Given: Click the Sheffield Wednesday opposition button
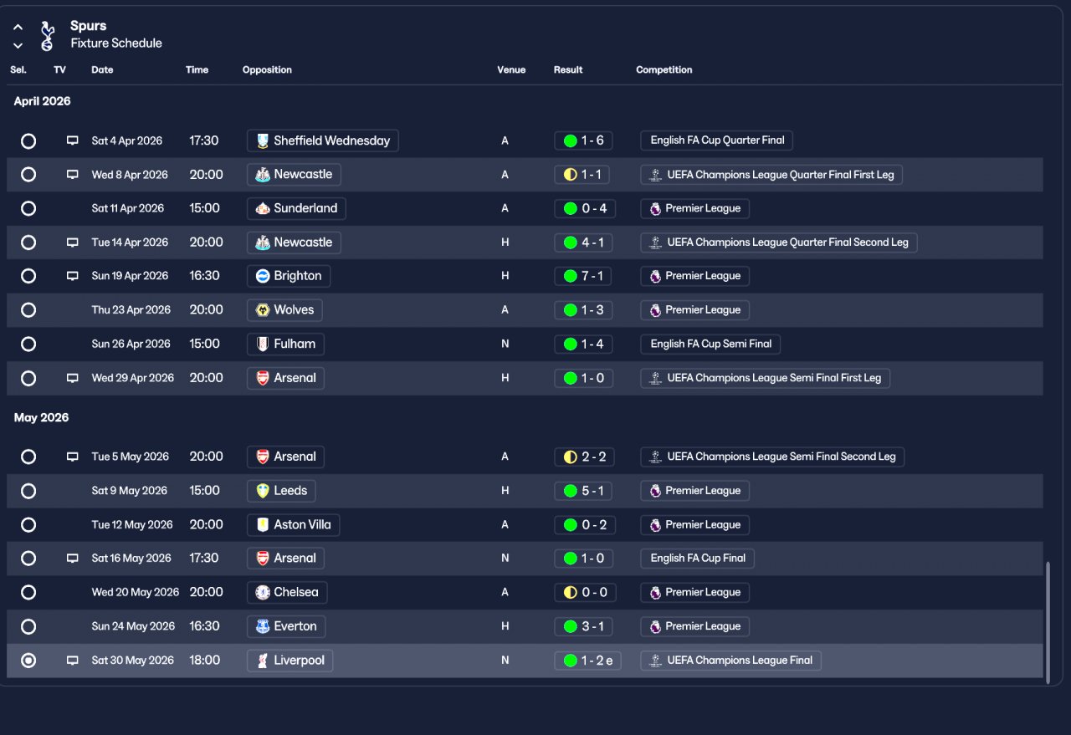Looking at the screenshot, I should click(x=323, y=140).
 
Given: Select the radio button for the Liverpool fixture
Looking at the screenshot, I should click(x=28, y=661).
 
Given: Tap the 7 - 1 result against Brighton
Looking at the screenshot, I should click(x=583, y=276).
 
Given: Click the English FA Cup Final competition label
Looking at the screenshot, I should click(x=697, y=559).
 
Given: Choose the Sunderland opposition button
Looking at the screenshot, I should click(x=296, y=208).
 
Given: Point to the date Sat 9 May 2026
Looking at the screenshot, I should click(x=130, y=491).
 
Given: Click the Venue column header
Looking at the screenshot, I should click(x=511, y=70).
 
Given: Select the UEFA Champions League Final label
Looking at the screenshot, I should click(x=730, y=661).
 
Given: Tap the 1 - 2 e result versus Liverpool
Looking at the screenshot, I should click(x=587, y=661).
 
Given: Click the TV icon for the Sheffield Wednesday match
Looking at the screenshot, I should click(x=73, y=140).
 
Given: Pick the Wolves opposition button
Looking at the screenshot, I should click(x=284, y=310).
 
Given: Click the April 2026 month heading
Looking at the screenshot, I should click(x=43, y=101).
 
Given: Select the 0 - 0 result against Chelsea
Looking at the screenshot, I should click(x=583, y=593).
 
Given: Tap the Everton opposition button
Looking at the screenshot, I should click(x=286, y=626).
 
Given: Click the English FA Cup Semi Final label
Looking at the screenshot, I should click(x=710, y=344).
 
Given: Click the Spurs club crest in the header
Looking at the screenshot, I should click(x=48, y=35).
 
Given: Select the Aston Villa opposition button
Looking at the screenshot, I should click(x=293, y=525).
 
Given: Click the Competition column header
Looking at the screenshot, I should click(x=664, y=70).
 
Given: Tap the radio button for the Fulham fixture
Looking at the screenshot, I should click(x=28, y=344).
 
